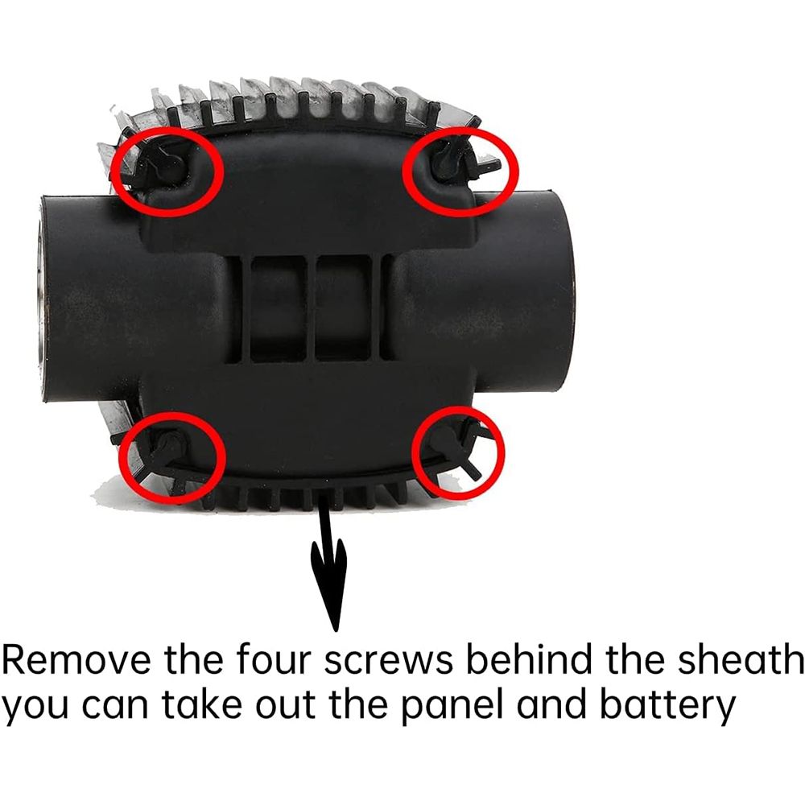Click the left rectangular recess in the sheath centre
point(278,309)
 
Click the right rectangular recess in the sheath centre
point(343,309)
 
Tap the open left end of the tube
point(42,298)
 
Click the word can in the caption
point(114,707)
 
